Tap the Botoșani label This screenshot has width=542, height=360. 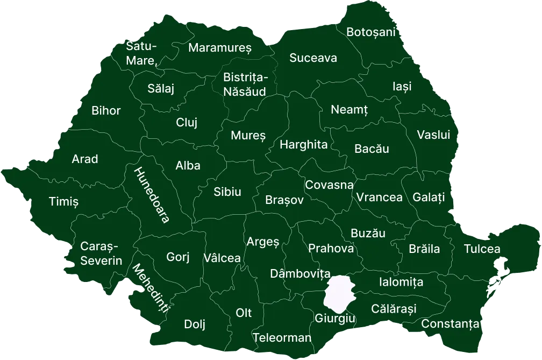370,32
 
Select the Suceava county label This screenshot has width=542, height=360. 313,58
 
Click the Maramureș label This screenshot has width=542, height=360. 219,48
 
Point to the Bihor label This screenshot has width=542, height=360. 106,111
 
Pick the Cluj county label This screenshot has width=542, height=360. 187,123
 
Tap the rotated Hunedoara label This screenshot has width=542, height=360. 152,195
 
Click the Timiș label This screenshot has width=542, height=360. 63,202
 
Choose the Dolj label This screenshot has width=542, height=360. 195,324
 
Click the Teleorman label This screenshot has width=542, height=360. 282,338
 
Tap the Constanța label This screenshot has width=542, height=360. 450,324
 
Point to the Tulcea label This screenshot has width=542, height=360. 482,249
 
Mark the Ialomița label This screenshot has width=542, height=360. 401,282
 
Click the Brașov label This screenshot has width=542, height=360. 284,200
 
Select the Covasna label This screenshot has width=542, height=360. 329,185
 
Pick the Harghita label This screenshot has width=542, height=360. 303,144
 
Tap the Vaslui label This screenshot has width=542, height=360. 433,135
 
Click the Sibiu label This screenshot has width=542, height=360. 227,192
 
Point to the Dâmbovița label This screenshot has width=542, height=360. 299,274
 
